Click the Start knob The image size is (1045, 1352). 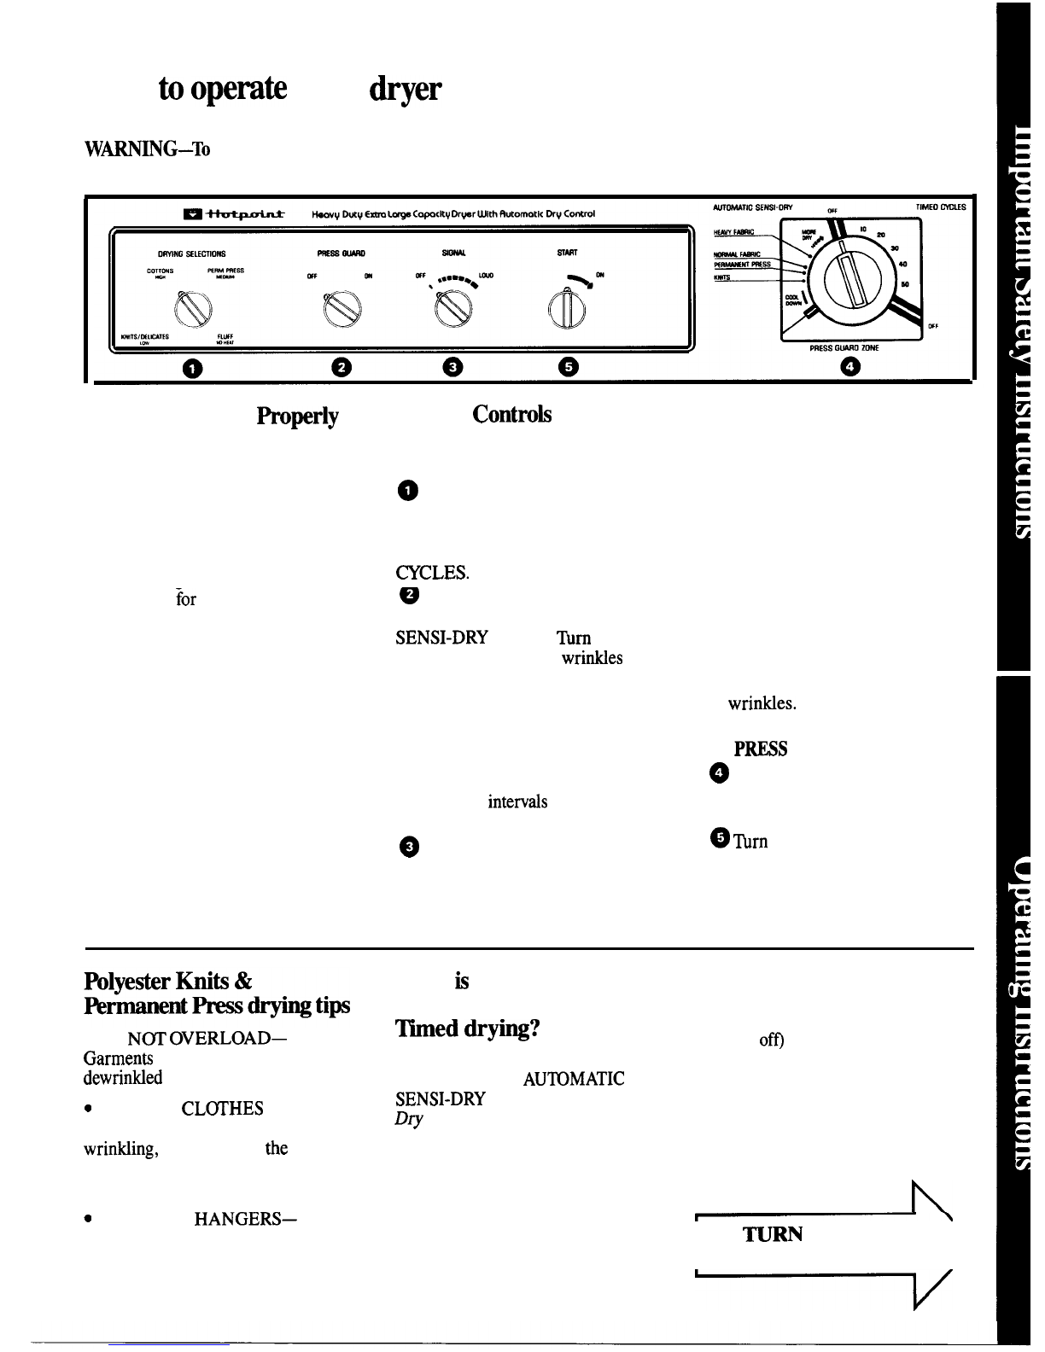[x=564, y=309]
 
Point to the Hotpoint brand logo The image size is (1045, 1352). [x=233, y=213]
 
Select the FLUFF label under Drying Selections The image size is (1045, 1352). [x=225, y=336]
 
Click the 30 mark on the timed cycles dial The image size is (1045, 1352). [x=894, y=248]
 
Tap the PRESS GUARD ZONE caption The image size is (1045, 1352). [x=845, y=348]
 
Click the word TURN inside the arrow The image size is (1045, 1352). [x=773, y=1234]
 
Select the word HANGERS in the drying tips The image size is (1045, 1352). [x=245, y=1218]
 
